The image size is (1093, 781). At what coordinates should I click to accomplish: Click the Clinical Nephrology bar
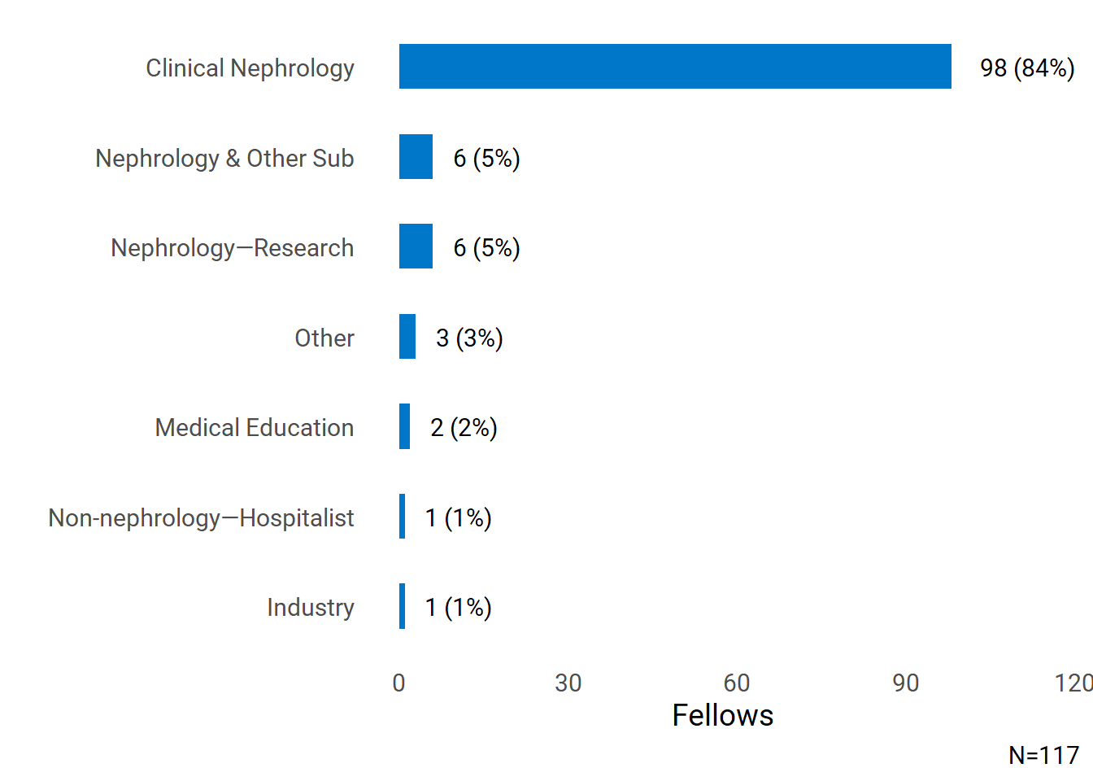point(675,67)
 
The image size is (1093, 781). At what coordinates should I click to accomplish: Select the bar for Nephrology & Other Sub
point(416,157)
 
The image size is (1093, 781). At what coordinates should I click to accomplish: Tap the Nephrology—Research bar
point(416,247)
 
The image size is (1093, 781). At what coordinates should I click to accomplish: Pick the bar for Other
point(407,337)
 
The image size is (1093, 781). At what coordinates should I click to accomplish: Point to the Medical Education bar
point(404,426)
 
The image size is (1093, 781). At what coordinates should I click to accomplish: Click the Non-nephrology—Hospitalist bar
point(402,517)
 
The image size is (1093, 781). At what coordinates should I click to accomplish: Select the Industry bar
point(402,606)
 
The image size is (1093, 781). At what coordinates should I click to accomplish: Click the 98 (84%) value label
point(1027,68)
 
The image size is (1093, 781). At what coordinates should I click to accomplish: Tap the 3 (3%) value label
point(469,338)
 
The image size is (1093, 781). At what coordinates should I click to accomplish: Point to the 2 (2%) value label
point(464,427)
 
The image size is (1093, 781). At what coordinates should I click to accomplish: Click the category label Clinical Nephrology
point(250,68)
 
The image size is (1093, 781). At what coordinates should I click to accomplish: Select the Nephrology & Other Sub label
point(224,158)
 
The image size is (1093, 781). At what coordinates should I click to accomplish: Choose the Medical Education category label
point(254,427)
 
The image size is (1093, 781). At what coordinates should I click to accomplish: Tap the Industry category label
point(310,607)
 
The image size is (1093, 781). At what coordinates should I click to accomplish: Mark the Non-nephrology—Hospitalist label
point(201,517)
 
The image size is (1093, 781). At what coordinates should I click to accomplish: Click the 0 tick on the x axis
point(398,683)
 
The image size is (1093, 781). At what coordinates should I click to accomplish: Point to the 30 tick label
point(568,683)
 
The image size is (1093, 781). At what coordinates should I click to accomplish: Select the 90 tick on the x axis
point(905,683)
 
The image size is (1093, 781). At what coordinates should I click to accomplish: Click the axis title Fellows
point(722,715)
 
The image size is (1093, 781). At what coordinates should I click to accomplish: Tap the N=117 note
point(1043,755)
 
